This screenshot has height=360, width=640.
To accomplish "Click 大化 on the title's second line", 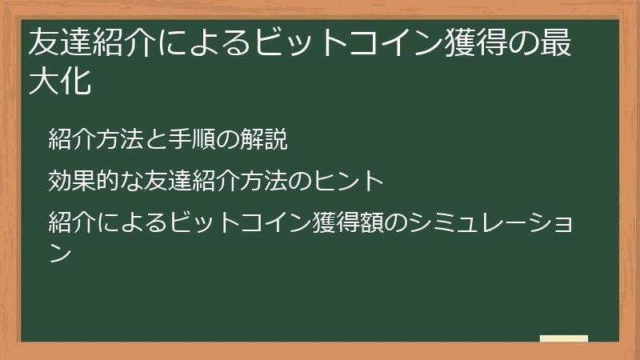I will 58,82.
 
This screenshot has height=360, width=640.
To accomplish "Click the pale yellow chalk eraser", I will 564,338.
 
